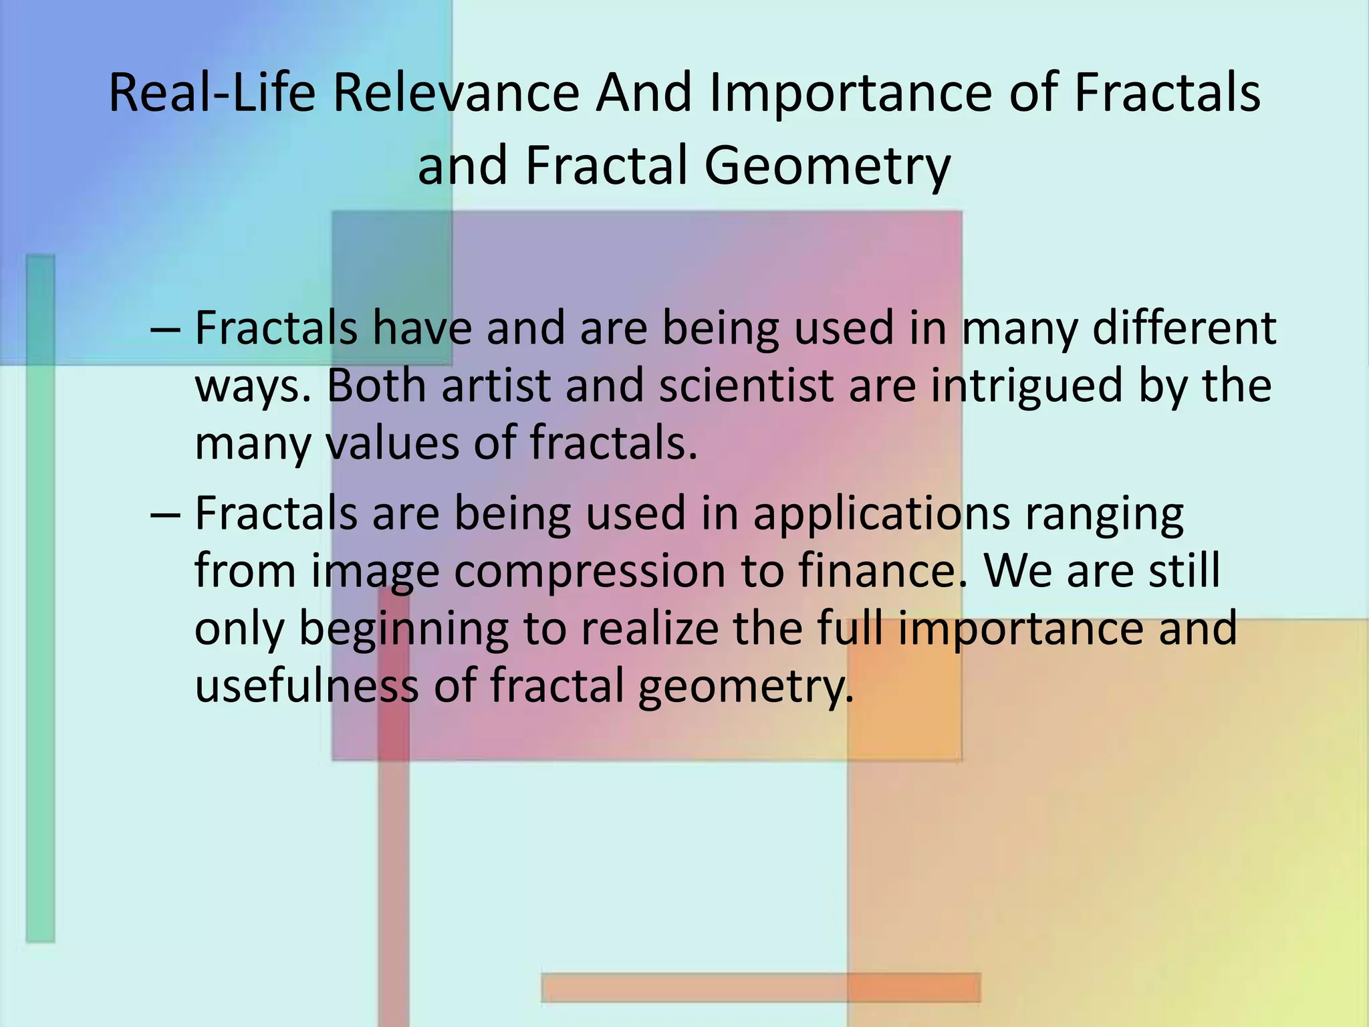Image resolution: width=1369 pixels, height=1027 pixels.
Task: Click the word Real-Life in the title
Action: point(211,94)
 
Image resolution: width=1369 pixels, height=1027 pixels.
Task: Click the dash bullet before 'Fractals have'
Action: point(165,329)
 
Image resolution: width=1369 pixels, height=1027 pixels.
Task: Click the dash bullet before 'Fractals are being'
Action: point(165,514)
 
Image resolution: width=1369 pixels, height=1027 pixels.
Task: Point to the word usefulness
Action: point(306,685)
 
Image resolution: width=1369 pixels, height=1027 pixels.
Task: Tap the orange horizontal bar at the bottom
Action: point(760,987)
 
